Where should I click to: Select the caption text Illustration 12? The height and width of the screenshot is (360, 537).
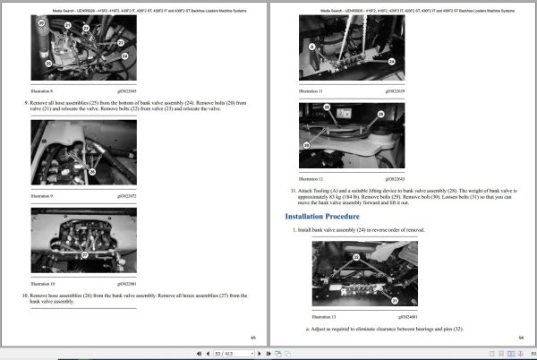pyautogui.click(x=311, y=179)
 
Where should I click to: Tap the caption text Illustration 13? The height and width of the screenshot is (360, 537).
pyautogui.click(x=321, y=315)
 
